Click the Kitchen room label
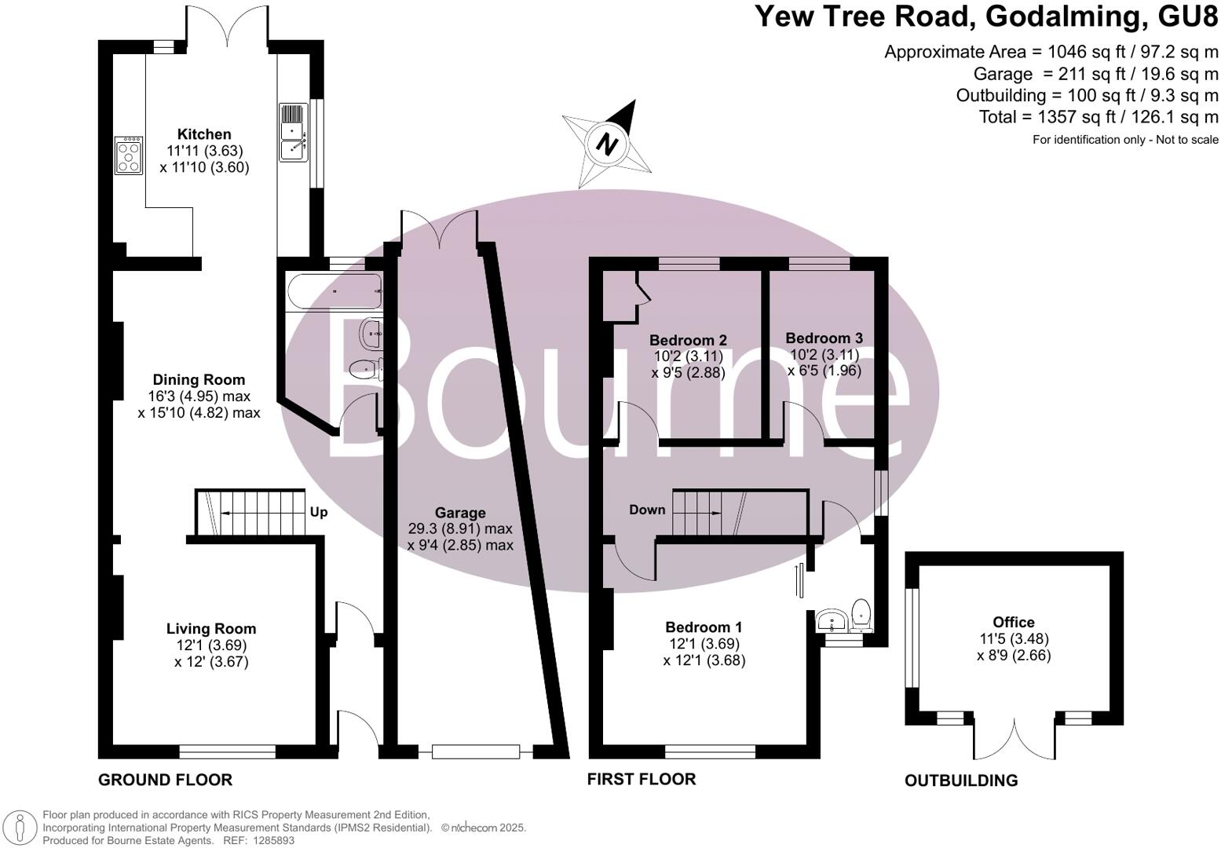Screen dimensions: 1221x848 (x=204, y=134)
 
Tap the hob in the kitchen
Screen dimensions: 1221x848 (x=129, y=155)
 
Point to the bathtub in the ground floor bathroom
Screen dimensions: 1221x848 (x=334, y=291)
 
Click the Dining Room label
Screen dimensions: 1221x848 (x=199, y=380)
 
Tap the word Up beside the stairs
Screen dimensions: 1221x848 (x=318, y=513)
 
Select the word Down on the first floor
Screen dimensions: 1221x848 (x=647, y=510)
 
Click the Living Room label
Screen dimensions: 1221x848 (x=210, y=628)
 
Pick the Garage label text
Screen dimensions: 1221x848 (x=460, y=513)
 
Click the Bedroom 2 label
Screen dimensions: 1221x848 (x=688, y=340)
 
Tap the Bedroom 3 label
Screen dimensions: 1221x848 (x=824, y=338)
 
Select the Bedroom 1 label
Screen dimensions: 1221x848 (x=704, y=627)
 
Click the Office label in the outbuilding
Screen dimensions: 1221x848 (x=1014, y=622)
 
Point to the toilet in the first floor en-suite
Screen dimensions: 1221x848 (x=861, y=615)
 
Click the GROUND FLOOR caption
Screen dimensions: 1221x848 (x=165, y=780)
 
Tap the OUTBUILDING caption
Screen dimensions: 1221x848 (x=961, y=780)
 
